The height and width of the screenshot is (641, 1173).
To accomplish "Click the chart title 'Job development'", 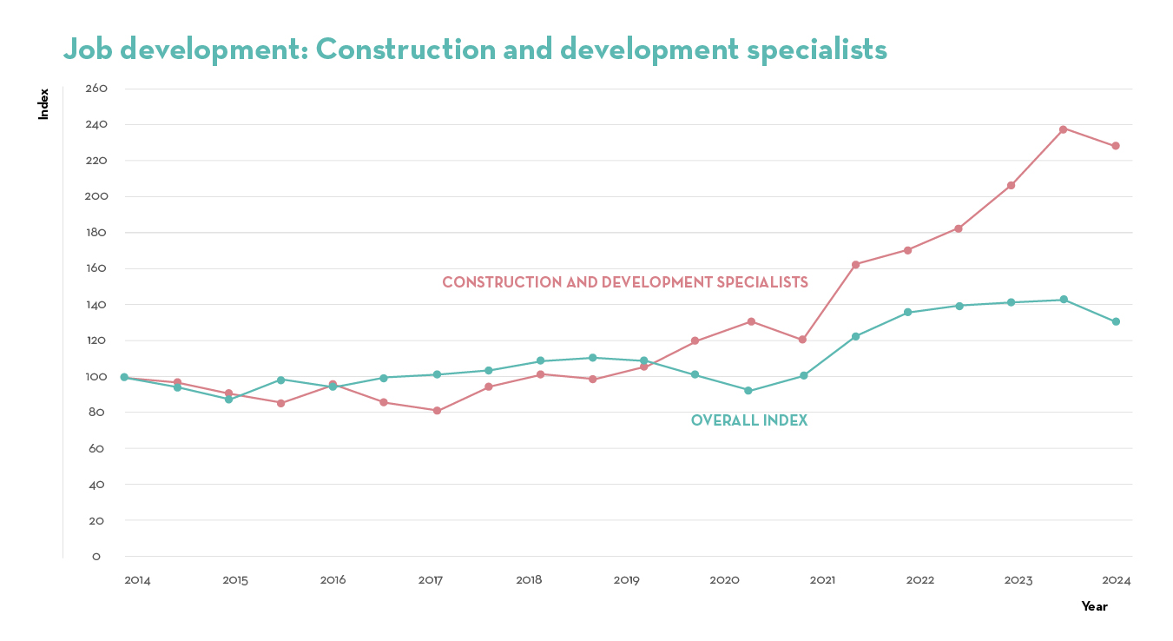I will coord(475,50).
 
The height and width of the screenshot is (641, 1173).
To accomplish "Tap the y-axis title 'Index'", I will coord(43,103).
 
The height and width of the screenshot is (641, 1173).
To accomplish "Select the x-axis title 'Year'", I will coord(1094,606).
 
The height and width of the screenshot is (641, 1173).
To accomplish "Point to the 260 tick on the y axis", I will coord(96,89).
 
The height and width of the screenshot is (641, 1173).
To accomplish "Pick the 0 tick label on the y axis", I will coord(96,557).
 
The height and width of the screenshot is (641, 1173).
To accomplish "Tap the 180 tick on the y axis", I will coord(96,233).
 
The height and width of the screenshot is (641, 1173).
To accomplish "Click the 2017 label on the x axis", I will coord(431,580).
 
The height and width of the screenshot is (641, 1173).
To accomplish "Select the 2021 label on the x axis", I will coord(823,580).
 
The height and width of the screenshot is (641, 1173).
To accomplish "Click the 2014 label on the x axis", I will coord(137,580).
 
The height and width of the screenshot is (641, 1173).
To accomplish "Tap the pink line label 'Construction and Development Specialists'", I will coord(625,282).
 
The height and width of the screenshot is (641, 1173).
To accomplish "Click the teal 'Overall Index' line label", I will coord(749,420).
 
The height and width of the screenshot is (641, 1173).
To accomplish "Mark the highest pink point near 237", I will coord(1063,129).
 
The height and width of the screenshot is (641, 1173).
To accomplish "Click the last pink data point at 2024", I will coord(1116,146).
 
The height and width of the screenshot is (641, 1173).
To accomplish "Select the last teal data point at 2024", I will coord(1116,321).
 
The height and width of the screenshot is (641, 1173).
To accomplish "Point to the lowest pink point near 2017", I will coord(437,411).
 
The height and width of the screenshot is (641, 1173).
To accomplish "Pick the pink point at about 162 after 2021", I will coord(855,264).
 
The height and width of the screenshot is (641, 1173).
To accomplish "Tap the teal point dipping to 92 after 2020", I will coord(748,391).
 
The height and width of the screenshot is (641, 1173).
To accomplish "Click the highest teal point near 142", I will coord(1064,300).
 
